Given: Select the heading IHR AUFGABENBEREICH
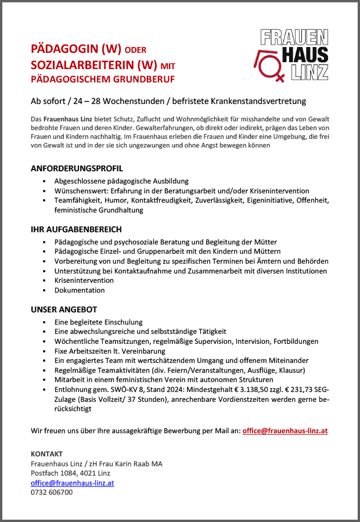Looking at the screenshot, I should (76, 229).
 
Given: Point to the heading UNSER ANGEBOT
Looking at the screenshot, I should (64, 309).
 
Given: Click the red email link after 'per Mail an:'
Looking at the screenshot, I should (285, 431).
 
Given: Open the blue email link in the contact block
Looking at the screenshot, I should (72, 483).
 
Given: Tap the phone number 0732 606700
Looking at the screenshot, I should (52, 492).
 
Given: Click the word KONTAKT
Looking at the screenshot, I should (46, 453).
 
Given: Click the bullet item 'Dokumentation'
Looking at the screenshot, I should (80, 290).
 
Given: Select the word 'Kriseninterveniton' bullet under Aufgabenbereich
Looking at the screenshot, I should (84, 280).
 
